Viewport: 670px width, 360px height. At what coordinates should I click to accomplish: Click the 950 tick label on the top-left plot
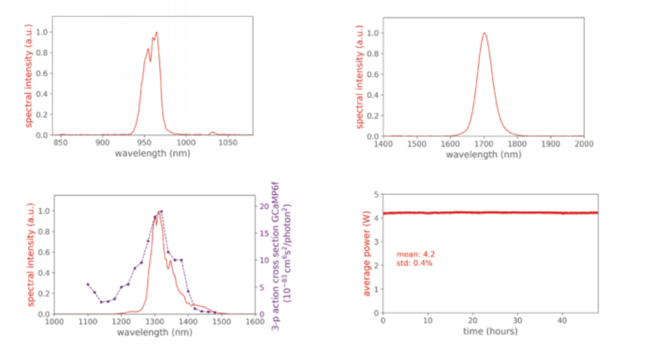tap(145, 143)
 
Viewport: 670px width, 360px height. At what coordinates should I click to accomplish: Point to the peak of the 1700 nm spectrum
tap(484, 33)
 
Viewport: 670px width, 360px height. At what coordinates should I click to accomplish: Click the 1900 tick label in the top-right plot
tap(551, 144)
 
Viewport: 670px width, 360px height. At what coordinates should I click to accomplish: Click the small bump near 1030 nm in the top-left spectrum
tap(213, 132)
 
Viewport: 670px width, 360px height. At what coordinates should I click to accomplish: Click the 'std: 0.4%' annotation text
tap(414, 263)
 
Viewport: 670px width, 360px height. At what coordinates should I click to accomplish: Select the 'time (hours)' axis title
tap(490, 332)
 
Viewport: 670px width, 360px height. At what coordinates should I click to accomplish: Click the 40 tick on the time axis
tap(561, 321)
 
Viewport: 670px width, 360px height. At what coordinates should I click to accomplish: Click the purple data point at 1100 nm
tap(88, 284)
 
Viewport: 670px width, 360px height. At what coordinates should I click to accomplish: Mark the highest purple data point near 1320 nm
tap(162, 211)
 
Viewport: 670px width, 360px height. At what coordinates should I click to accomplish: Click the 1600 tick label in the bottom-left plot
tap(254, 322)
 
